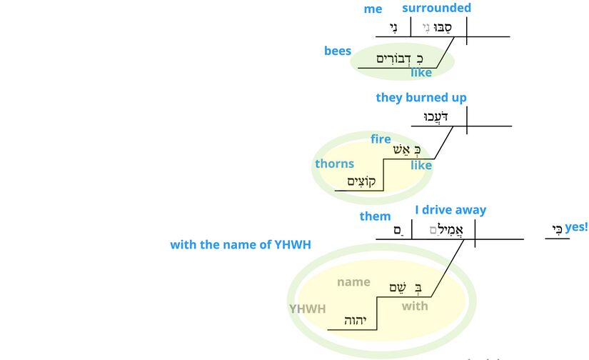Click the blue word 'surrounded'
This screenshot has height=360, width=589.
click(436, 9)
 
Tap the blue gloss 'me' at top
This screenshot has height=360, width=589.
click(373, 9)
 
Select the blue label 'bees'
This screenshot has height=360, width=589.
click(338, 51)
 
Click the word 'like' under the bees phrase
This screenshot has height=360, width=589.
click(421, 73)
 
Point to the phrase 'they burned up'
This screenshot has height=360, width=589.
click(421, 98)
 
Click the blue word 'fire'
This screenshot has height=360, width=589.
click(381, 139)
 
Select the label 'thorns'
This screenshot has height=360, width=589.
click(334, 164)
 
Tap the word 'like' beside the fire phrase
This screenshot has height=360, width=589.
click(421, 166)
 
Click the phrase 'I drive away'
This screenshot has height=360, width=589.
click(450, 210)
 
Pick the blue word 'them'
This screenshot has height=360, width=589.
click(375, 216)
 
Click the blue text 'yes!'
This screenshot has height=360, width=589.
click(576, 227)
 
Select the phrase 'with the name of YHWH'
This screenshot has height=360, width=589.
click(241, 245)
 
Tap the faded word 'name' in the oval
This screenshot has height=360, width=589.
click(353, 282)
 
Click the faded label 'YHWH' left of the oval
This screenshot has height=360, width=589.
click(307, 309)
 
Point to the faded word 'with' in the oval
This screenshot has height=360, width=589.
click(415, 306)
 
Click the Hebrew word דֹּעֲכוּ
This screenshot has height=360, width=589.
click(435, 116)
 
